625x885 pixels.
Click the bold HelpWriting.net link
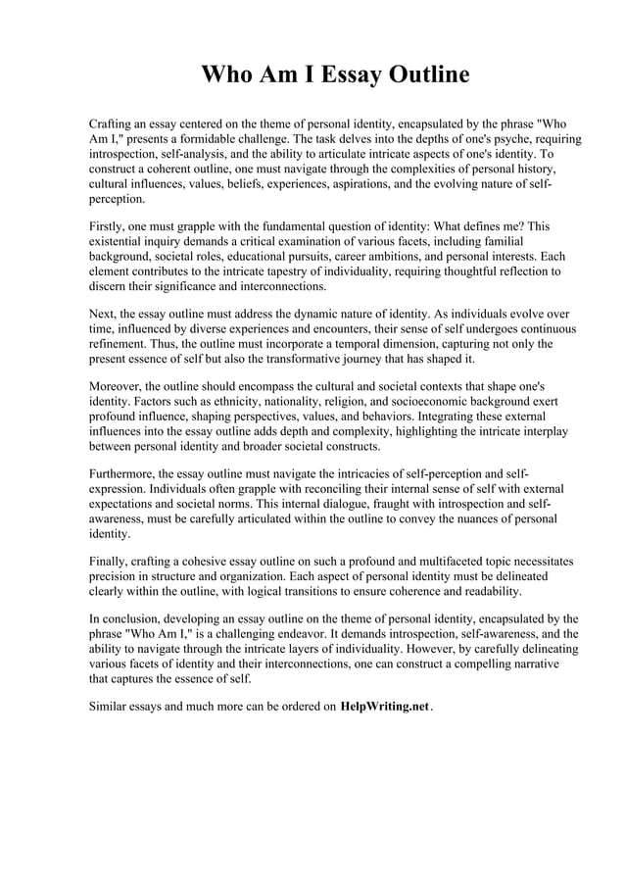[x=384, y=707]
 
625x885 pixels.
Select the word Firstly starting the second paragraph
[x=109, y=225]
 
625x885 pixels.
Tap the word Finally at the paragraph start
[x=109, y=562]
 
